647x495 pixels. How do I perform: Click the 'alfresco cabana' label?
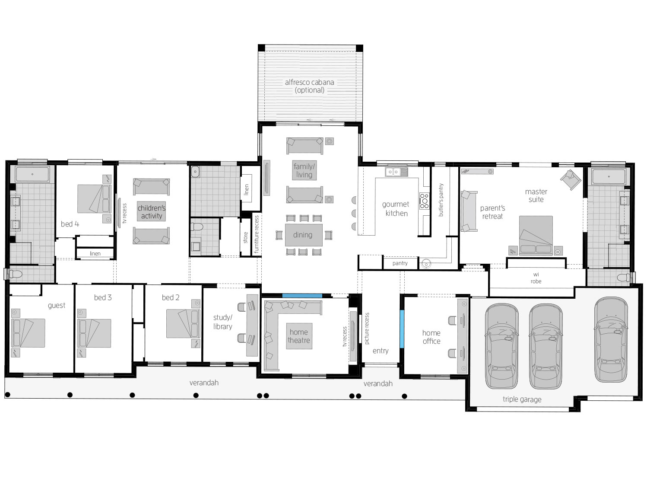309,82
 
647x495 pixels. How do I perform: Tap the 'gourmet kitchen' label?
396,208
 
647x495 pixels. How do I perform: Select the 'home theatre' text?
298,336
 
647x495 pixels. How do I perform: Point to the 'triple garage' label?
522,399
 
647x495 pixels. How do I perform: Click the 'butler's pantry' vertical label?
441,200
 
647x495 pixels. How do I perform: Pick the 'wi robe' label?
536,278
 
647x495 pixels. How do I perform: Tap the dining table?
304,235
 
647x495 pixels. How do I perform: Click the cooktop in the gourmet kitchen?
424,201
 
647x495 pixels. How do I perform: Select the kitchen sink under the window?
396,172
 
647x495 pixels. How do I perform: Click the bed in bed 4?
94,199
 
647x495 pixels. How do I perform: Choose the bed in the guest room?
28,333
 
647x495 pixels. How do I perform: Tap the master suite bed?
536,235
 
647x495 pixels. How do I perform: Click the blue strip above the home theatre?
302,296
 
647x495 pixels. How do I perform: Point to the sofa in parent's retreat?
469,211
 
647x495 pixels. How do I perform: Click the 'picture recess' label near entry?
367,328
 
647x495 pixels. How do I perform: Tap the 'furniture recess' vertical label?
256,234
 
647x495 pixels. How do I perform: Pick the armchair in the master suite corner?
571,179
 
